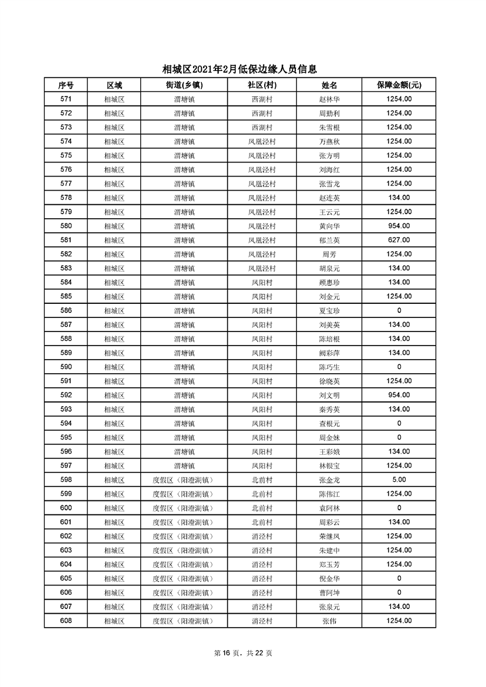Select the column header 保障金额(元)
399,85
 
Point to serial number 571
66,99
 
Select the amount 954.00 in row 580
399,226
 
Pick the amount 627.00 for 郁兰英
399,240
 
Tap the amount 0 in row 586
399,310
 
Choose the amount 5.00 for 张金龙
399,480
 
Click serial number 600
66,508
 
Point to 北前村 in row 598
262,480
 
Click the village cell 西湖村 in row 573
262,127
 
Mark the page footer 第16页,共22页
243,653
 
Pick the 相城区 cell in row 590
114,367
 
